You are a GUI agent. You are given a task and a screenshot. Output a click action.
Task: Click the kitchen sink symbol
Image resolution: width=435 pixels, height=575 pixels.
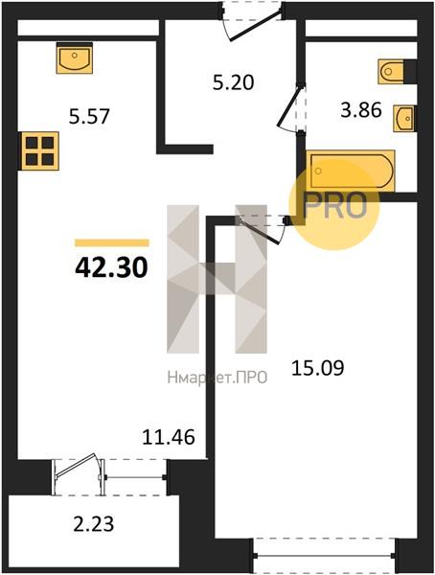(75, 57)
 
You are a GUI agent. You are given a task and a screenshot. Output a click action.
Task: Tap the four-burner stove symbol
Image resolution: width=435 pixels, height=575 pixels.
(40, 150)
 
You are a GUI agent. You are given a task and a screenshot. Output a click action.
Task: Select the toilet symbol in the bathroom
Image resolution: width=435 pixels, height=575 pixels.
(391, 71)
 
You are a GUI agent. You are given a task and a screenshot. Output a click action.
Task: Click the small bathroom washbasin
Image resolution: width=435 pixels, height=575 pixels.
(403, 118)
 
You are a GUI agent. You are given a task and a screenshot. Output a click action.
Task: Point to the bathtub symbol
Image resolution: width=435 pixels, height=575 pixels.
(351, 171)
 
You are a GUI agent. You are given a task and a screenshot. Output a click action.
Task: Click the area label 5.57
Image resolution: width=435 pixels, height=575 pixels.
(89, 117)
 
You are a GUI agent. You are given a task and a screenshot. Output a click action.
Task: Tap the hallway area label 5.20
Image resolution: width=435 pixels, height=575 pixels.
(233, 82)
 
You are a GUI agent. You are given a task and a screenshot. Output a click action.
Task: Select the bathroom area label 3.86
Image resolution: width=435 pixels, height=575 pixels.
(361, 110)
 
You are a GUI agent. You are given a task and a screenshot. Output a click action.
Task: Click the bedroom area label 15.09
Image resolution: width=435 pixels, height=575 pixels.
(318, 368)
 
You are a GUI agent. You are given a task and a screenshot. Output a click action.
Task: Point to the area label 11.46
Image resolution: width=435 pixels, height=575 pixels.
(169, 437)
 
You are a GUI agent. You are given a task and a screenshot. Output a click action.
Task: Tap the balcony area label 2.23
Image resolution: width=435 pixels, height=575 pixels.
(94, 523)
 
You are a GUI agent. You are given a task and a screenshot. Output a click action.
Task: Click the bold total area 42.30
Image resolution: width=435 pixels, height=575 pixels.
(111, 267)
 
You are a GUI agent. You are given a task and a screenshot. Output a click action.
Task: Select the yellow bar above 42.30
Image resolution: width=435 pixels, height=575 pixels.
(112, 242)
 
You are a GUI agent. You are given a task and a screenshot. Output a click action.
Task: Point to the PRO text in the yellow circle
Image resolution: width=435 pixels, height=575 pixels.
(334, 205)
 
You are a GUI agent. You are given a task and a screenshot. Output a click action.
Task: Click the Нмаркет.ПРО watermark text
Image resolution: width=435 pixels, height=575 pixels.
(217, 378)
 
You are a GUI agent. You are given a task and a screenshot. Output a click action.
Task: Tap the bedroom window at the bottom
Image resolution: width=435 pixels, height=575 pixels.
(325, 556)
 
